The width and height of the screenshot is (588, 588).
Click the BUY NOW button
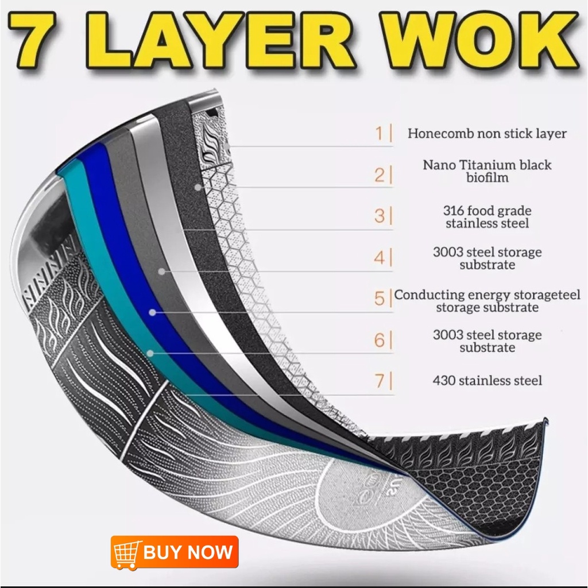(x=175, y=552)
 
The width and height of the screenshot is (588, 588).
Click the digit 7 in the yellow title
(x=35, y=41)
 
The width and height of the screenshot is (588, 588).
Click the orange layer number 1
(x=379, y=133)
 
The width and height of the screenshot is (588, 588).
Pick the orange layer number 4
(x=379, y=258)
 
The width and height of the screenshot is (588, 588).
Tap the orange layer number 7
(x=379, y=381)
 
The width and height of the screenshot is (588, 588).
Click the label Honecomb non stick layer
(x=487, y=133)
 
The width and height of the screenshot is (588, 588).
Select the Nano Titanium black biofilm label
(x=487, y=171)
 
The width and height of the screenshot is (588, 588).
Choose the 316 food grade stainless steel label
(x=487, y=216)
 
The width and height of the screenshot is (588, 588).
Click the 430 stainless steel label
(x=487, y=381)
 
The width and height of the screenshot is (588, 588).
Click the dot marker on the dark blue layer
(x=152, y=312)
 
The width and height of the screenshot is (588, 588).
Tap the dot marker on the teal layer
(x=150, y=353)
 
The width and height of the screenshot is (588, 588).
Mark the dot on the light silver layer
(x=161, y=271)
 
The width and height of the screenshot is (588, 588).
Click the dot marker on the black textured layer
(x=198, y=187)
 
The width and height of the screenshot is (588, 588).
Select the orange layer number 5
(x=379, y=299)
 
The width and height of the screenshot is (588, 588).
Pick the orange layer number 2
(x=379, y=175)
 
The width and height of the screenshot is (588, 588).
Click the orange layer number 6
(x=379, y=340)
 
